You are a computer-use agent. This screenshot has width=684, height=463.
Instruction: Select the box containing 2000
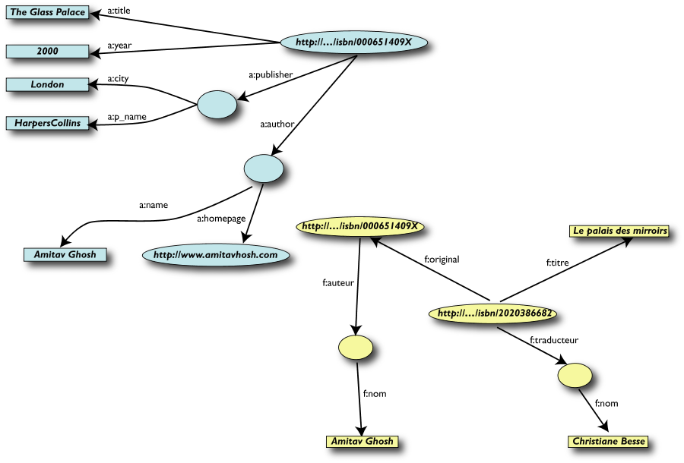pos(47,51)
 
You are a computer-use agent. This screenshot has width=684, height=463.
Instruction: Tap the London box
pos(47,84)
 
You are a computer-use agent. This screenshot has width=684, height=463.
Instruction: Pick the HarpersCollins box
pos(47,121)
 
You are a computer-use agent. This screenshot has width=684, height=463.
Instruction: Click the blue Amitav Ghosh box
pos(65,254)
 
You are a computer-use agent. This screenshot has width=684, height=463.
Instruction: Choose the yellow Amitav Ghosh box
pos(361,441)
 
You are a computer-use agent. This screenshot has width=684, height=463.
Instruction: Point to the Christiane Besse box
pos(608,441)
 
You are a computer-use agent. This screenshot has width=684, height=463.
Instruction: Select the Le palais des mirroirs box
pos(620,230)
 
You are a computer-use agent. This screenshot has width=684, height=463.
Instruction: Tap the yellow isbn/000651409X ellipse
pos(360,226)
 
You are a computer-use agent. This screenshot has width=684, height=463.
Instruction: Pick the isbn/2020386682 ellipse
pos(495,312)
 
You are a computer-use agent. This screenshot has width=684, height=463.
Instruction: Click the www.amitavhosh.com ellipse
pos(216,255)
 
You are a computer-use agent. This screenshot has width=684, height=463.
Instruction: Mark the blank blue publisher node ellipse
pos(217,105)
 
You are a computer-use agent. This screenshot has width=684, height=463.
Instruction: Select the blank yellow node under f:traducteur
pos(574,375)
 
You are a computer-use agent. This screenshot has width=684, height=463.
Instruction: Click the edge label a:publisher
pos(271,74)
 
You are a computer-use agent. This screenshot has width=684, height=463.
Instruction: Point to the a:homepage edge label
pos(221,219)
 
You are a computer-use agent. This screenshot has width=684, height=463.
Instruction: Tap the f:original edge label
pos(442,259)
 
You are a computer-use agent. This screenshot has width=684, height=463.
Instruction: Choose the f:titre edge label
pos(558,263)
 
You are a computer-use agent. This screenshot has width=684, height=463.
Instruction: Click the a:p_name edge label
pos(127,117)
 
